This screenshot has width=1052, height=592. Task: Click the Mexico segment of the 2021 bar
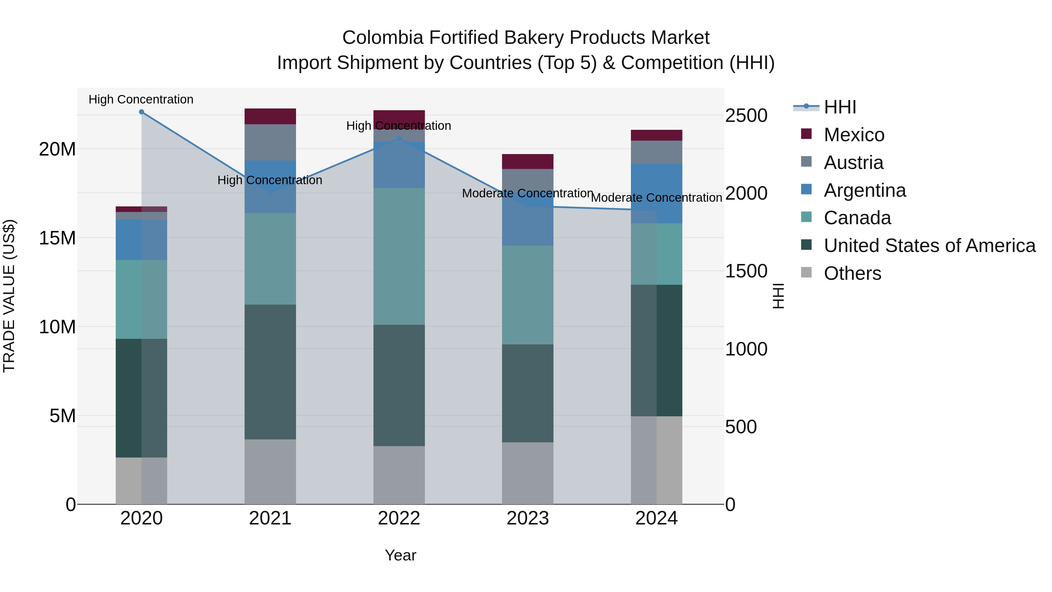tap(270, 116)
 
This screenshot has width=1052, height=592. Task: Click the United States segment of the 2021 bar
tap(270, 372)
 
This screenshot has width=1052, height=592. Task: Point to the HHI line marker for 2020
tap(141, 112)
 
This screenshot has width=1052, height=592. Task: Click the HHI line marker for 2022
tap(399, 139)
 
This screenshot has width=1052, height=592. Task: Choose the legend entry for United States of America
tap(929, 246)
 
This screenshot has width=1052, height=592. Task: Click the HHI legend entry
tap(839, 107)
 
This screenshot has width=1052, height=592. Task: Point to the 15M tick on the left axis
tap(57, 238)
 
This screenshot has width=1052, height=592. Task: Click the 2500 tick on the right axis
tap(746, 115)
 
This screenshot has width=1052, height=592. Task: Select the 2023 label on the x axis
tap(527, 518)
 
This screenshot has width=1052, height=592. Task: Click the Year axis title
tap(400, 555)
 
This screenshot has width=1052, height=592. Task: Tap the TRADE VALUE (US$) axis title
tap(9, 296)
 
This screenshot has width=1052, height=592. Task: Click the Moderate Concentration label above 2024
tap(656, 198)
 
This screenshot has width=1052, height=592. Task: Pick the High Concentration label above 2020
tap(141, 99)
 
